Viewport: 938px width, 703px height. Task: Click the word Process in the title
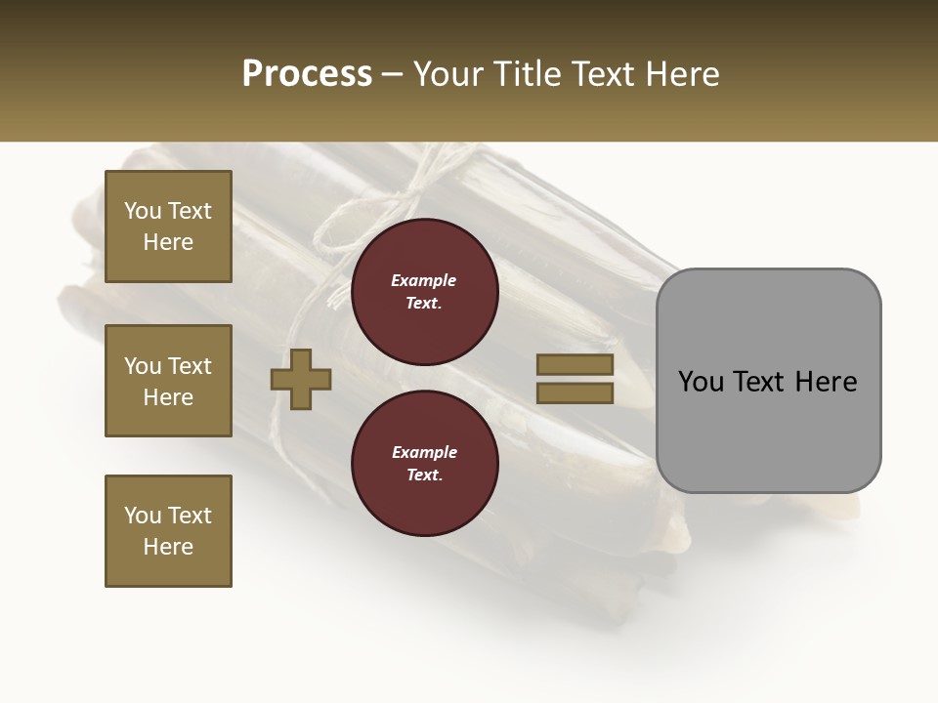click(307, 74)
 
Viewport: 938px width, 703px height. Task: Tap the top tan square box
click(168, 227)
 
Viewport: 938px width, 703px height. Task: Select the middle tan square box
click(168, 381)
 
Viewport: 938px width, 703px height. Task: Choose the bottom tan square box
click(168, 531)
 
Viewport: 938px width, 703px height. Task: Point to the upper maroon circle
click(424, 292)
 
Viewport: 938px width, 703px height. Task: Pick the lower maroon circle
click(424, 464)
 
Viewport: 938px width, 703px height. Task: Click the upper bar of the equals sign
click(575, 364)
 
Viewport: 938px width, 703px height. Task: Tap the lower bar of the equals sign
click(575, 393)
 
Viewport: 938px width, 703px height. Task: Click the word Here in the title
click(680, 74)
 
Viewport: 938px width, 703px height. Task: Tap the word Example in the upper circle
click(424, 280)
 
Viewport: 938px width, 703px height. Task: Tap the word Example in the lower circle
click(424, 452)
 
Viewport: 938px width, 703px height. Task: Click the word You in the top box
click(143, 211)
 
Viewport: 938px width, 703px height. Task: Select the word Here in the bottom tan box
click(168, 547)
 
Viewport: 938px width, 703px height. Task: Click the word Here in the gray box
click(826, 382)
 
